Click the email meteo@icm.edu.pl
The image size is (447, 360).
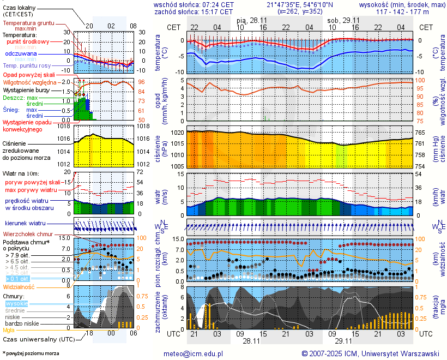[x=194, y=353]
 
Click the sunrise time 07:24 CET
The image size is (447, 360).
[x=214, y=4]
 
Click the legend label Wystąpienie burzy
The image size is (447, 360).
[x=26, y=89]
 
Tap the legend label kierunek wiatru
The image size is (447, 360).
[x=25, y=224]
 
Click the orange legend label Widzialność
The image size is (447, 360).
[x=19, y=286]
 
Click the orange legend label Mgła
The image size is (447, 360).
[x=9, y=330]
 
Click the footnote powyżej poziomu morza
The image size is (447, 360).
[x=31, y=353]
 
